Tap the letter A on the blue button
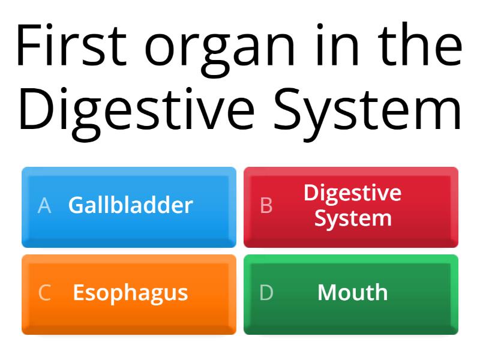pyautogui.click(x=44, y=206)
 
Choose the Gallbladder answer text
pyautogui.click(x=130, y=205)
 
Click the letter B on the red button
pyautogui.click(x=266, y=206)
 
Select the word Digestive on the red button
pyautogui.click(x=352, y=193)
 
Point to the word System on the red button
pyautogui.click(x=353, y=218)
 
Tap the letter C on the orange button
pyautogui.click(x=44, y=293)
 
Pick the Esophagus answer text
pyautogui.click(x=130, y=293)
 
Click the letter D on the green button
pyautogui.click(x=266, y=293)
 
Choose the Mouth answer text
pyautogui.click(x=352, y=293)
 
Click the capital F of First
pyautogui.click(x=27, y=47)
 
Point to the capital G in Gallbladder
pyautogui.click(x=76, y=205)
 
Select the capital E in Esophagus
pyautogui.click(x=78, y=293)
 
